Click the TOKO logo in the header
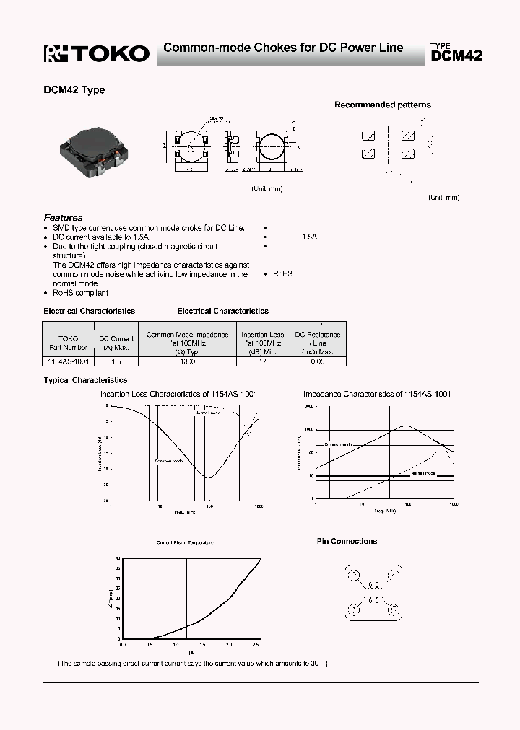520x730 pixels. pyautogui.click(x=97, y=53)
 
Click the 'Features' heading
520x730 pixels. pyautogui.click(x=63, y=218)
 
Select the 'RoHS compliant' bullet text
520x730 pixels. pyautogui.click(x=81, y=293)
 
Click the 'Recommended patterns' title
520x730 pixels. pyautogui.click(x=382, y=105)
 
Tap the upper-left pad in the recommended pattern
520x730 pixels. pyautogui.click(x=368, y=135)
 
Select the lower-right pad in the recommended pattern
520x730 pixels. pyautogui.click(x=407, y=153)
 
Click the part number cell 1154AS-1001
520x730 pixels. pyautogui.click(x=68, y=361)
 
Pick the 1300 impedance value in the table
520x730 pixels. pyautogui.click(x=187, y=361)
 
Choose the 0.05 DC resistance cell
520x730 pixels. pyautogui.click(x=317, y=361)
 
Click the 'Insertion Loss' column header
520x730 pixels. pyautogui.click(x=262, y=335)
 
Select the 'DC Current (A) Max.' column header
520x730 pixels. pyautogui.click(x=116, y=343)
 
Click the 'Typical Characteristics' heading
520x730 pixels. pyautogui.click(x=85, y=380)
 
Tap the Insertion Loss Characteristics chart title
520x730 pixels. pyautogui.click(x=178, y=395)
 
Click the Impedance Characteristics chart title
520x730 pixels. pyautogui.click(x=377, y=395)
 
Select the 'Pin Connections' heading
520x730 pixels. pyautogui.click(x=347, y=541)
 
